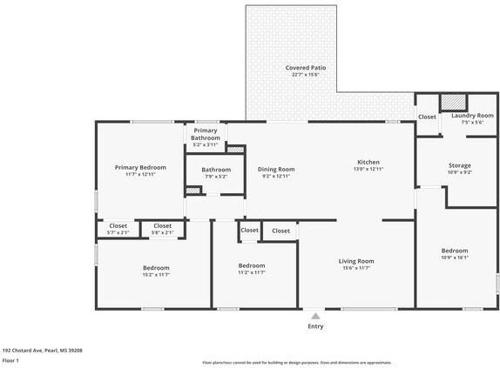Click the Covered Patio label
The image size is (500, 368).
pos(307,68)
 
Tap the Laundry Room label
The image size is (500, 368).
pos(472,116)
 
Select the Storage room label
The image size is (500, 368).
pos(459,165)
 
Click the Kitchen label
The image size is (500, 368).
pos(368,162)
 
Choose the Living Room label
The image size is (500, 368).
pos(356,261)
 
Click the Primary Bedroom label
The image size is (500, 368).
pos(140,167)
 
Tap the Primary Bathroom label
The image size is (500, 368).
pos(206,134)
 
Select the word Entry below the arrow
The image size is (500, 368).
pos(314,327)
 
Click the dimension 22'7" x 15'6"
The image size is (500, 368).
pos(307,76)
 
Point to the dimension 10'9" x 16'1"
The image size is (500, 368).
pos(455,258)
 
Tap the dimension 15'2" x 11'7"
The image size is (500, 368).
pos(156,275)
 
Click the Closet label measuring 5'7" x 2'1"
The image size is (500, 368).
pos(118,226)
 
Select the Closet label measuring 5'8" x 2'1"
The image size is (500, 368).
pos(163,226)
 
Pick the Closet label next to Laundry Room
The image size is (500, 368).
pos(427,117)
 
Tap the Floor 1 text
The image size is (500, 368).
pos(11,360)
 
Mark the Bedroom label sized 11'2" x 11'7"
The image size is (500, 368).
pos(252,265)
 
